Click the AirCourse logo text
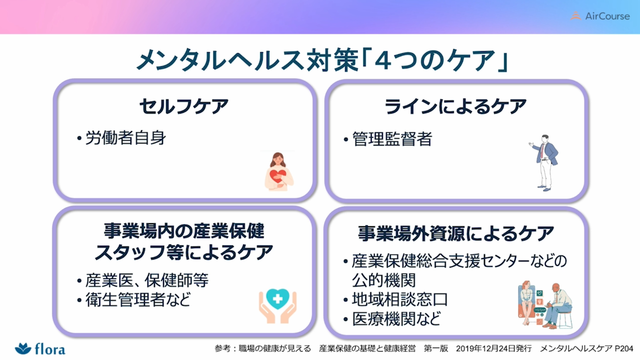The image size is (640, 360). pos(607,16)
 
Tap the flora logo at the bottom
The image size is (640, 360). pos(40,349)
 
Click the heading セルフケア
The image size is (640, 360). pos(184,106)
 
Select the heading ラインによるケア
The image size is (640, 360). pos(455,106)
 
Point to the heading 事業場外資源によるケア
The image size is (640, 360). pos(456,233)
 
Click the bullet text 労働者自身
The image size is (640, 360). pos(126,138)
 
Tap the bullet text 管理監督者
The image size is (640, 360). pos(392,139)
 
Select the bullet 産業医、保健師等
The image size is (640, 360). pos(147,280)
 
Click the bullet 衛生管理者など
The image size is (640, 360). pos(138,299)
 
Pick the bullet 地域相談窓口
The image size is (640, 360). pos(400,299)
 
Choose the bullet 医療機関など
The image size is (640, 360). pos(397,319)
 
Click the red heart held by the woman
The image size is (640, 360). pos(278,176)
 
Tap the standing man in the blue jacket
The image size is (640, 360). pos(544,163)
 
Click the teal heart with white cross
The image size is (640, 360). pos(277,298)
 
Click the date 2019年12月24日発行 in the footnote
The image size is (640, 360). pos(494,348)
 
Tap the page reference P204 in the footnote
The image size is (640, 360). pos(624,348)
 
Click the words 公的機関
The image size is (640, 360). pos(384,280)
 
